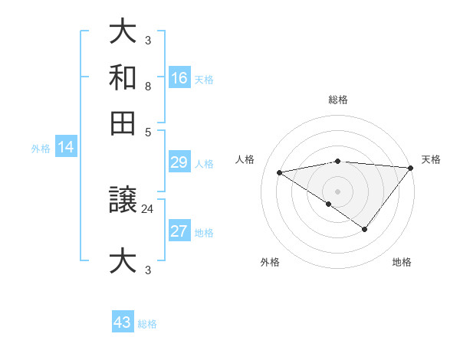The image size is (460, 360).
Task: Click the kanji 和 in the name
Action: point(123,77)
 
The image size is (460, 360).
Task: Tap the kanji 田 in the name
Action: point(123,123)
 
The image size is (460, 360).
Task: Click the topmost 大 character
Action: point(123,32)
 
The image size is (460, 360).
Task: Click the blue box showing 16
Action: point(179,78)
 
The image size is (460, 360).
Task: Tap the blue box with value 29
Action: point(179,163)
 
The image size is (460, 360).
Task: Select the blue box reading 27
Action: point(179,231)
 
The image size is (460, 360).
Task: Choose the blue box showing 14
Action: point(66,148)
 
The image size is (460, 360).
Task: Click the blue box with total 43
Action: point(123,322)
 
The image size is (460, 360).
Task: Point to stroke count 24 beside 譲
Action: point(148,208)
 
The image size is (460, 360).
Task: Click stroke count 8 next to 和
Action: point(148,87)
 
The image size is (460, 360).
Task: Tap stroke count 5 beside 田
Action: point(148,132)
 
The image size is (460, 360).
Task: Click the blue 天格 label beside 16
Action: point(204,80)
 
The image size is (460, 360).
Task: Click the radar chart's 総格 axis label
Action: point(338,100)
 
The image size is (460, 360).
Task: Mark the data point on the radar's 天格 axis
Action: point(412,168)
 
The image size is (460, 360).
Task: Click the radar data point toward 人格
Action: point(280,172)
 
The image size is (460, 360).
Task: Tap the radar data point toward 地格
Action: point(365,229)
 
